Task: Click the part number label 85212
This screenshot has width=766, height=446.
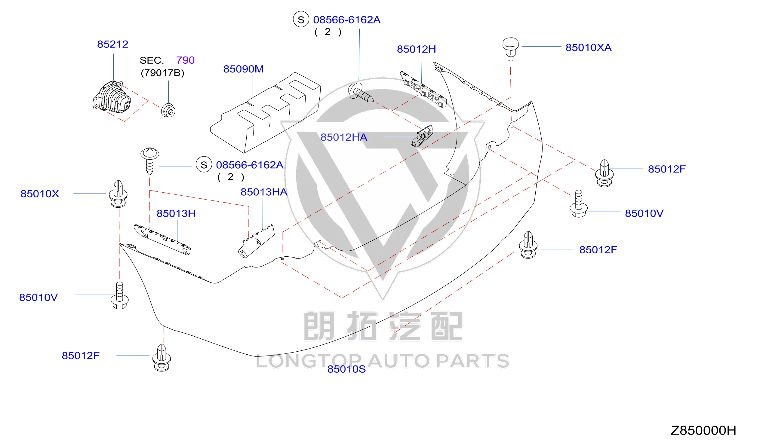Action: [112, 44]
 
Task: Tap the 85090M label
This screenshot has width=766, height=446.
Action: [243, 69]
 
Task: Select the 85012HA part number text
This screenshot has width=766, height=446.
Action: [344, 137]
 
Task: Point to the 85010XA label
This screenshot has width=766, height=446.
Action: [588, 48]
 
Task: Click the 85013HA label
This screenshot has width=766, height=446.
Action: [264, 192]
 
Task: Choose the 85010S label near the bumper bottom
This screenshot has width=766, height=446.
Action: [346, 369]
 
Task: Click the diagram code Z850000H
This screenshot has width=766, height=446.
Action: [703, 430]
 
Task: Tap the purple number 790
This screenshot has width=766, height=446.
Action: [185, 60]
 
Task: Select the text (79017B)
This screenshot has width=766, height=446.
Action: [162, 73]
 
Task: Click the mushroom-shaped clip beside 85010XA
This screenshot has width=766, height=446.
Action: [510, 49]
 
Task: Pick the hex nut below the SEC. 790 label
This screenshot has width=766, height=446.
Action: [168, 111]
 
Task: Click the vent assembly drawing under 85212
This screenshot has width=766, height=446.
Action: [112, 96]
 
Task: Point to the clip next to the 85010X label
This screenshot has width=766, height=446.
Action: [118, 194]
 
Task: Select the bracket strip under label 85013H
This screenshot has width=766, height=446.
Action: [162, 240]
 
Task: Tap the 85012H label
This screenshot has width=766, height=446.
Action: [416, 49]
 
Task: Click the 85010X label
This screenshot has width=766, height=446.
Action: [39, 194]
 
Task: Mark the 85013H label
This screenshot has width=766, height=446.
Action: [176, 214]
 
